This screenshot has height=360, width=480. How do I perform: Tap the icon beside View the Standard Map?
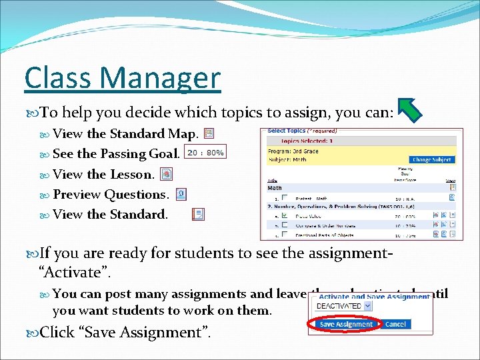point(209,133)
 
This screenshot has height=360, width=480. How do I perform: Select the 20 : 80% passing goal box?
point(205,153)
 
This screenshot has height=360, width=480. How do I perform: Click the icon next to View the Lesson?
point(167,174)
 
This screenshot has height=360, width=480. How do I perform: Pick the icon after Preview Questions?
point(181,194)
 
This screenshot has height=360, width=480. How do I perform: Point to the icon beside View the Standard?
point(198,214)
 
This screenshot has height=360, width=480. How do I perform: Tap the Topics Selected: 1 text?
point(307,141)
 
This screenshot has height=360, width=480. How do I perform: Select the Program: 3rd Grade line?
point(294,152)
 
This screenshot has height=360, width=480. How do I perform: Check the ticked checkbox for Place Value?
point(285,215)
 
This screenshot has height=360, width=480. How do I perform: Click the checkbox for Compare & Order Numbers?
point(285,225)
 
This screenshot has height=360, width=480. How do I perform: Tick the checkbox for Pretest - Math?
point(285,197)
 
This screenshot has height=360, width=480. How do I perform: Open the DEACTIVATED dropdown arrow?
point(367,306)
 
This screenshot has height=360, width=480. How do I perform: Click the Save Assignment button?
point(346,325)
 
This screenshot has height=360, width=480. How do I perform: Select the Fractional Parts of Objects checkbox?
point(285,234)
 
